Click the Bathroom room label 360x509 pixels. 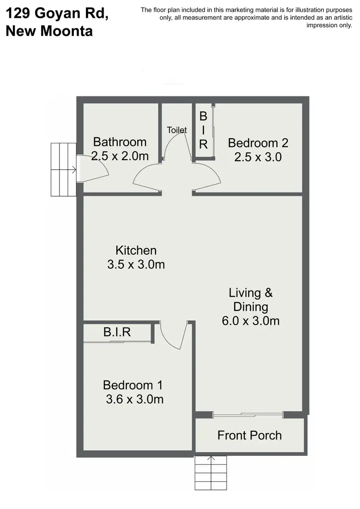click(120, 142)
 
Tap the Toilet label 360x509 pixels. click(177, 130)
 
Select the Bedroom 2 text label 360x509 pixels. click(258, 142)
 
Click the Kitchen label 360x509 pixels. click(136, 250)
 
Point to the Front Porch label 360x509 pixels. click(249, 435)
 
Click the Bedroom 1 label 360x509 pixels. click(133, 385)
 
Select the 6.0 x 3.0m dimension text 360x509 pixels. click(251, 321)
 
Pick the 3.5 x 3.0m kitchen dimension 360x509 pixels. click(136, 264)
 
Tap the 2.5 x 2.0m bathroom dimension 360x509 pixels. click(120, 156)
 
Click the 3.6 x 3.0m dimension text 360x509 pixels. click(134, 399)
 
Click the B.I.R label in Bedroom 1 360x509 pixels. click(117, 332)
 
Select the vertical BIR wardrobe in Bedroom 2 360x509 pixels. click(203, 130)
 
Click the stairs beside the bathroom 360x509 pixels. click(63, 169)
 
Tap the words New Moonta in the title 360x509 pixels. click(49, 31)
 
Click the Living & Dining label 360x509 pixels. click(251, 299)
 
